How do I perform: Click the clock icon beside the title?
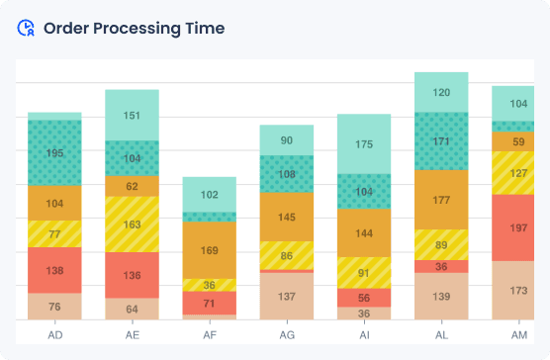[27, 28]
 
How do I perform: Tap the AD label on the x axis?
[55, 335]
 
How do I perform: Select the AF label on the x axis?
[210, 335]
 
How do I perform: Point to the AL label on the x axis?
[441, 335]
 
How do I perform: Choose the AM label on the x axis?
[518, 335]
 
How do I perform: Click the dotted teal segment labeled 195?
[55, 153]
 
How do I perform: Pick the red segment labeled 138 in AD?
[55, 270]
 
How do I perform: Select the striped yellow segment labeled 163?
[133, 225]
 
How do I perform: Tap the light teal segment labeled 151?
[133, 115]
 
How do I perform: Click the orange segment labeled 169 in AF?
[210, 250]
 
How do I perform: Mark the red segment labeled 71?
[210, 303]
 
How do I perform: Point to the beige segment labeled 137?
[287, 297]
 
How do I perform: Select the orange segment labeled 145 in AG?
[287, 217]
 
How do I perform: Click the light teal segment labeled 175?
[364, 144]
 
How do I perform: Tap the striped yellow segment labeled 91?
[364, 273]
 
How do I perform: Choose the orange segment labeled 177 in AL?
[441, 200]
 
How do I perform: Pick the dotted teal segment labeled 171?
[441, 141]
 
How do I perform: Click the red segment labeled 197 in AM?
[518, 228]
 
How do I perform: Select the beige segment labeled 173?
[518, 291]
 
